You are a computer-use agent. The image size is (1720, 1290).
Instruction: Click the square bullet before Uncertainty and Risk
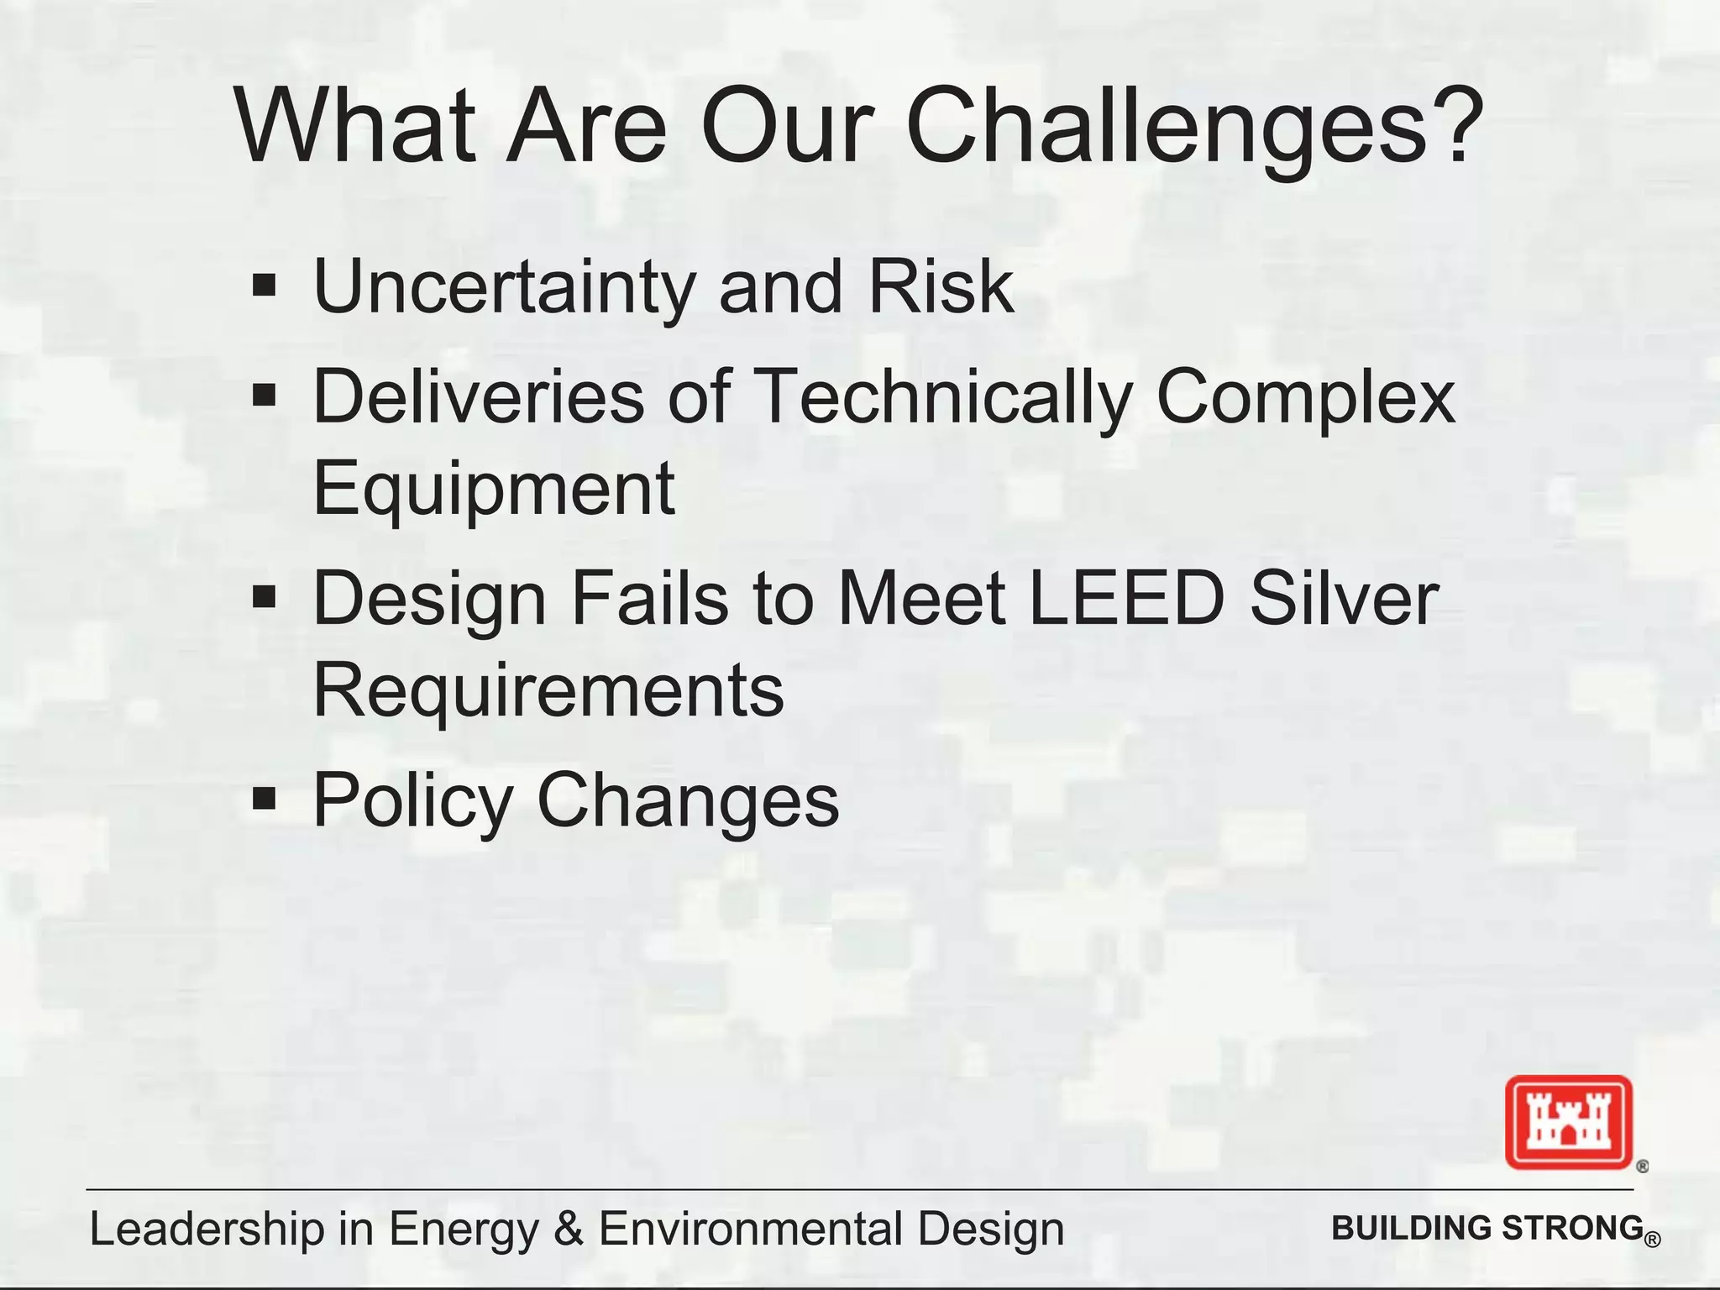point(265,285)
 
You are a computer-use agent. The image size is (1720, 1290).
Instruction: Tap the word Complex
point(1306,396)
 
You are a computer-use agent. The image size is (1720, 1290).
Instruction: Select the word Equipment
point(494,489)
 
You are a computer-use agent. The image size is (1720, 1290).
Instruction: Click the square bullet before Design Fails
point(265,597)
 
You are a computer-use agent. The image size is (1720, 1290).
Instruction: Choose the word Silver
point(1345,598)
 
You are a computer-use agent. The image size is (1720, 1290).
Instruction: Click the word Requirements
point(548,690)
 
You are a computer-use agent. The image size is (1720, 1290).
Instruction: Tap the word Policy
point(412,800)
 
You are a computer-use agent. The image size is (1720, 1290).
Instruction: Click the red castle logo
point(1568,1122)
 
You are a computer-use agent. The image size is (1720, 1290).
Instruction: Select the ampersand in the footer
point(569,1229)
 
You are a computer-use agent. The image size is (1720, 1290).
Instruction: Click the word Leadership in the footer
point(207,1230)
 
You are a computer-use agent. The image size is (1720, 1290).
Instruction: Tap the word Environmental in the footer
point(752,1229)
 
